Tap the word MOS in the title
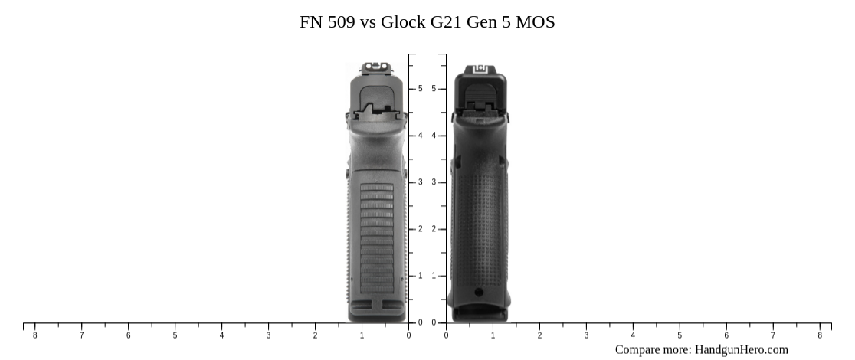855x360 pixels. (x=536, y=22)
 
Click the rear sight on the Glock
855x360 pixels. (x=481, y=69)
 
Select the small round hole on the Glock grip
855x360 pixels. (x=479, y=292)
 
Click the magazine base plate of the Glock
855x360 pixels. (x=480, y=313)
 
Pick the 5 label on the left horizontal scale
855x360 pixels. (x=175, y=335)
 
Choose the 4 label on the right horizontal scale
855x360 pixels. (x=633, y=335)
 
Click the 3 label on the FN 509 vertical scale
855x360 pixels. (x=420, y=182)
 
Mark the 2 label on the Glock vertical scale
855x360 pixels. (x=433, y=229)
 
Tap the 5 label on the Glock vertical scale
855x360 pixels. (x=433, y=89)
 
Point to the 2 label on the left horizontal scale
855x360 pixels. (x=315, y=335)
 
